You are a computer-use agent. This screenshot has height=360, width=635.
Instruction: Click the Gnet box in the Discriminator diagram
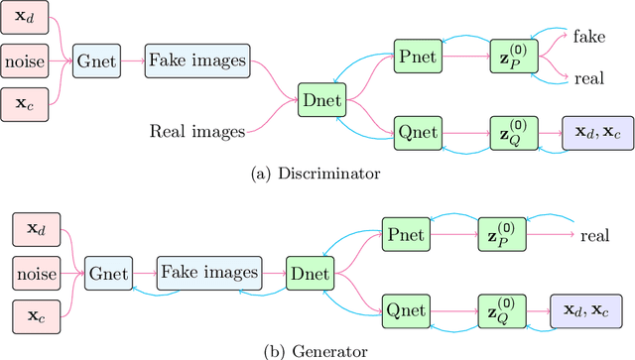click(x=97, y=60)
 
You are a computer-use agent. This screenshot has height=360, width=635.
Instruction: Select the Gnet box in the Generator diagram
click(x=109, y=270)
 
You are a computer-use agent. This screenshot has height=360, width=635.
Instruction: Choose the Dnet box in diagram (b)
click(x=307, y=270)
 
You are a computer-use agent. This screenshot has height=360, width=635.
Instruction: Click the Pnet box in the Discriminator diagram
click(x=414, y=58)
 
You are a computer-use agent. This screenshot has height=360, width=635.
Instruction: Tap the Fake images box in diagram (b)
click(x=207, y=270)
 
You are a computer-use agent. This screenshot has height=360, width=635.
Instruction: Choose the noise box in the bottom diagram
click(x=36, y=270)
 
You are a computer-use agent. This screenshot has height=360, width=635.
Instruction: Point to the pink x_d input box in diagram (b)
click(x=36, y=231)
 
